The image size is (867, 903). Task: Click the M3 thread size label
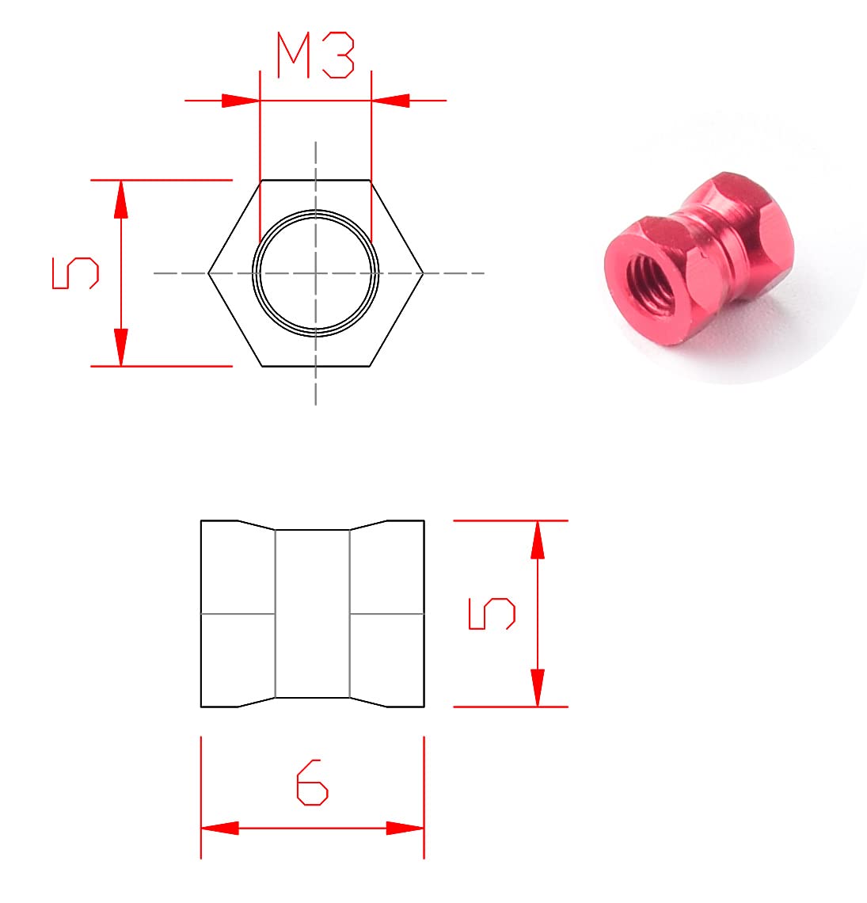click(x=314, y=55)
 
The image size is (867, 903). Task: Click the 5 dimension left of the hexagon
click(x=74, y=273)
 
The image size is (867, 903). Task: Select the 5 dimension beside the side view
click(x=492, y=614)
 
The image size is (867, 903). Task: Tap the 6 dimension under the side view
click(x=312, y=783)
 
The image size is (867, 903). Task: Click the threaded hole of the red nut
click(x=647, y=278)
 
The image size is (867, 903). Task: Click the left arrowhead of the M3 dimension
click(x=240, y=101)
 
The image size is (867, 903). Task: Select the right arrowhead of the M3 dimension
click(x=390, y=101)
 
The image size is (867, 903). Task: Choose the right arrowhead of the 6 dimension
click(x=405, y=829)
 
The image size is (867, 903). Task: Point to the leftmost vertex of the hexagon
click(x=209, y=273)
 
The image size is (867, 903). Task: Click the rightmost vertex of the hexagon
click(x=423, y=273)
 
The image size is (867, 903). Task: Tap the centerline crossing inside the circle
click(x=315, y=273)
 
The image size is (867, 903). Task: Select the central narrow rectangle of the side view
click(x=312, y=614)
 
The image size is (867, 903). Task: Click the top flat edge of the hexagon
click(x=315, y=181)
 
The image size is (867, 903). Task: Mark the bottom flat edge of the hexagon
click(x=315, y=366)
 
